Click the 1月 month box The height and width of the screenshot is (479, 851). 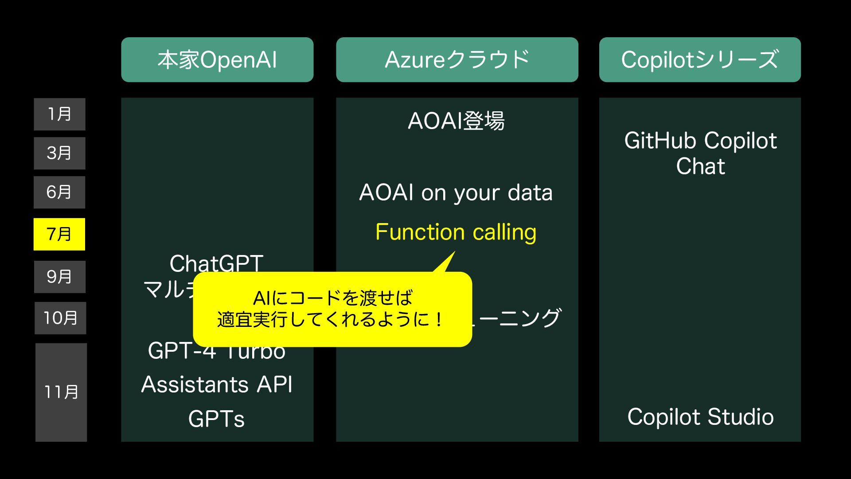(x=59, y=114)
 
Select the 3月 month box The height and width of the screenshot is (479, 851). (x=59, y=153)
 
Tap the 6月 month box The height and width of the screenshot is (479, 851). (x=59, y=192)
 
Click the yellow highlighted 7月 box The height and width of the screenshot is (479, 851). (x=59, y=234)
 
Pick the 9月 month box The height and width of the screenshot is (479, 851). (x=59, y=277)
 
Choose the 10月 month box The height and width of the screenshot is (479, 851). (x=60, y=318)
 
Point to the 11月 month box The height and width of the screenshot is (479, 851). (x=61, y=392)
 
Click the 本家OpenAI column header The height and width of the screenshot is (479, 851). (x=217, y=60)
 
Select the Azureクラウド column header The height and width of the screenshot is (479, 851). (x=457, y=60)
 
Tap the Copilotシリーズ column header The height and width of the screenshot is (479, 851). (x=700, y=60)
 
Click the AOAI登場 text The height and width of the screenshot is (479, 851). (x=456, y=121)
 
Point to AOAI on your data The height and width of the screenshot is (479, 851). (x=456, y=193)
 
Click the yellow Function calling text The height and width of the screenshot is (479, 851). (x=456, y=232)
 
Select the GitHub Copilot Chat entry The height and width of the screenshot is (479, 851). (x=700, y=153)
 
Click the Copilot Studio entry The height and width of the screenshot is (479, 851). (x=700, y=417)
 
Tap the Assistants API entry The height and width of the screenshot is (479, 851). (x=217, y=385)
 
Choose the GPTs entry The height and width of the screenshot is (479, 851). (x=216, y=419)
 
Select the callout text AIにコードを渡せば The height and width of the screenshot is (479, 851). (x=332, y=298)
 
